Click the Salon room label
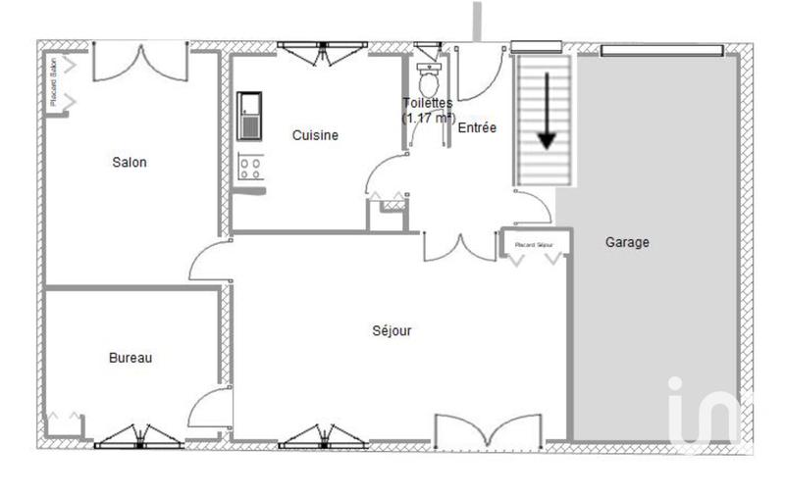click(x=130, y=163)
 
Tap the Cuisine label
click(x=315, y=135)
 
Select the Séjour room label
click(x=392, y=330)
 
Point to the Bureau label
click(x=131, y=359)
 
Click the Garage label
click(x=627, y=242)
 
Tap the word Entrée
click(x=478, y=127)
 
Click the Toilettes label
click(x=428, y=102)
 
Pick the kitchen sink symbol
click(x=249, y=117)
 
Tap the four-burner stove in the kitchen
click(x=249, y=168)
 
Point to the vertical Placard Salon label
click(x=53, y=82)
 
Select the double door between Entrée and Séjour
click(x=459, y=247)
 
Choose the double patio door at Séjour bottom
click(x=487, y=432)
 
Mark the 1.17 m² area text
click(x=429, y=118)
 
